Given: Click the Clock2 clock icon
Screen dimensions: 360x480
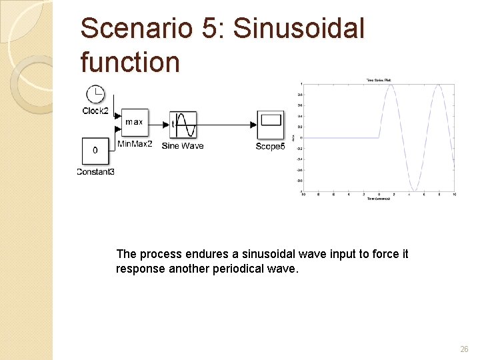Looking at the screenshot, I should click(x=95, y=95).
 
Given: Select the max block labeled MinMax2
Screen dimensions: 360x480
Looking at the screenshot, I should click(x=133, y=123).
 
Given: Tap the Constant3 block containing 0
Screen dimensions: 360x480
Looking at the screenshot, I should click(x=95, y=151).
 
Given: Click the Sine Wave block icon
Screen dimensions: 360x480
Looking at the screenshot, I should click(x=183, y=125).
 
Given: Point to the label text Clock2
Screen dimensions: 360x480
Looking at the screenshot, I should click(x=95, y=111).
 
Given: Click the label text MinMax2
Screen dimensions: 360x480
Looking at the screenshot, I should click(x=135, y=143).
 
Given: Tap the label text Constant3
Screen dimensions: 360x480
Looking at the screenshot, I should click(x=95, y=171).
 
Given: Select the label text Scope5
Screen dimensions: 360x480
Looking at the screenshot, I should click(x=270, y=146).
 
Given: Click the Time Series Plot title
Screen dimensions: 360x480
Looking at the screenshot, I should click(x=378, y=80).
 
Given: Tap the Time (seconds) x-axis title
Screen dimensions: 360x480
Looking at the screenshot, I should click(x=378, y=199).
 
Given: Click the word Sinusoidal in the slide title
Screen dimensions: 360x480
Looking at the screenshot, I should click(x=299, y=29).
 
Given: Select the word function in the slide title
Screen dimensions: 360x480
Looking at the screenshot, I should click(x=130, y=62).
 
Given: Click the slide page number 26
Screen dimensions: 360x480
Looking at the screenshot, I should click(x=464, y=349).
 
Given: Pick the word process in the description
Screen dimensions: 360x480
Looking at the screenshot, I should click(x=158, y=254).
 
